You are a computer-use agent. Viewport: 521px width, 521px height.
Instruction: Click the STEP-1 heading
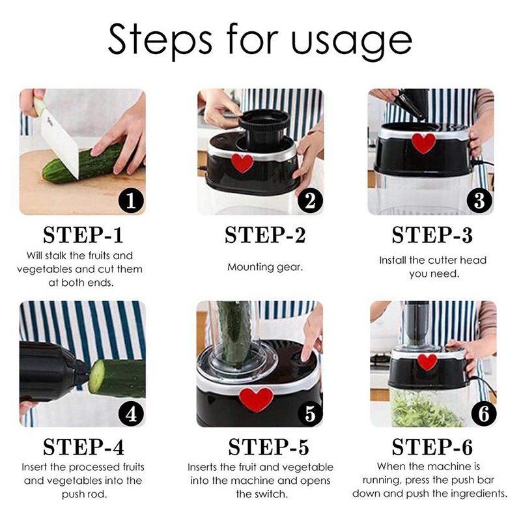pos(83,234)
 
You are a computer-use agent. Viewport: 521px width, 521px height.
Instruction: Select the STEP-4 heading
pos(83,447)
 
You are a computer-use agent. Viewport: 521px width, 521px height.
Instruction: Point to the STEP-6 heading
pos(432,447)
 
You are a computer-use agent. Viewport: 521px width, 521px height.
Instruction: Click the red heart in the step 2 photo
pos(242,163)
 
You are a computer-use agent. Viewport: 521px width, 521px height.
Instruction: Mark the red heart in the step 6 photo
pos(427,361)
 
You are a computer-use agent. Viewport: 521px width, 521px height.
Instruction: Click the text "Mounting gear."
pos(265,267)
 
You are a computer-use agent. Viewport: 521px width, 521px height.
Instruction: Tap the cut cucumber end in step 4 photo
pos(97,376)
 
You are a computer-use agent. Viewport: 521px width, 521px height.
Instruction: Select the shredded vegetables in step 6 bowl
pos(423,410)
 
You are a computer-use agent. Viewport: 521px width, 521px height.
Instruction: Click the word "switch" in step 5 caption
pos(252,494)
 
